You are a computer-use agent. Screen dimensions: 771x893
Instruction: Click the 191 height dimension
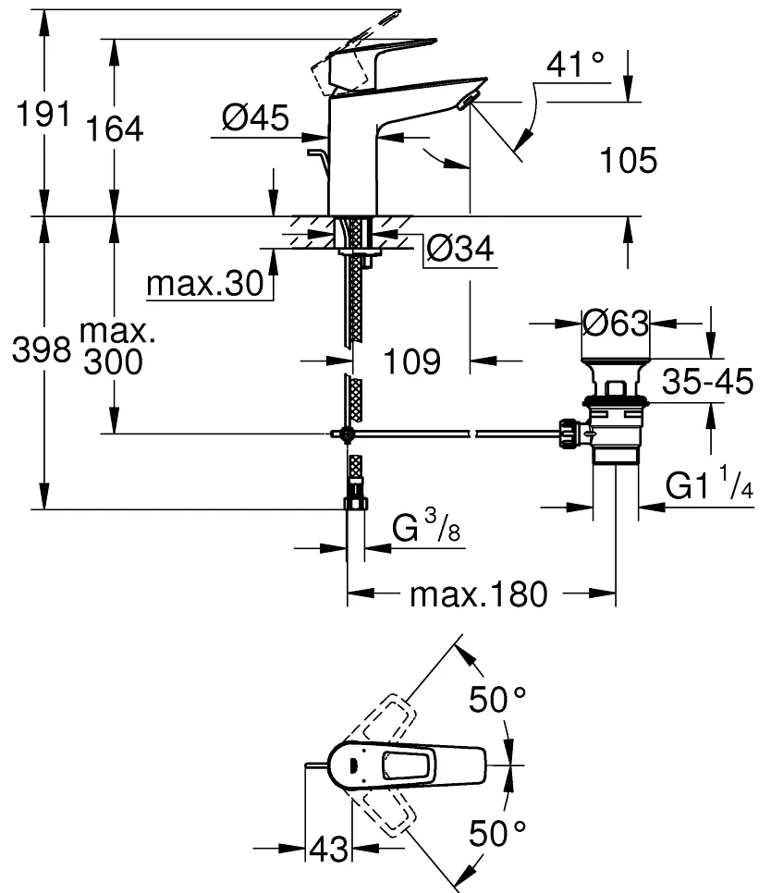pyautogui.click(x=43, y=114)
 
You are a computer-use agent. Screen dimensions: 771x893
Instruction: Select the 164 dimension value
pyautogui.click(x=115, y=128)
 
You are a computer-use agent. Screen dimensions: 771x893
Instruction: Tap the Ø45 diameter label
pyautogui.click(x=256, y=118)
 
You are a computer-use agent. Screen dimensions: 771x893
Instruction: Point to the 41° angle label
pyautogui.click(x=575, y=64)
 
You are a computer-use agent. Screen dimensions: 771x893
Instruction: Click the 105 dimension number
pyautogui.click(x=629, y=160)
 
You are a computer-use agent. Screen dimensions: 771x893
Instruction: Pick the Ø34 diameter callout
pyautogui.click(x=460, y=249)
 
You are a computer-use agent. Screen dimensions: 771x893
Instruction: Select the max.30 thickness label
pyautogui.click(x=205, y=283)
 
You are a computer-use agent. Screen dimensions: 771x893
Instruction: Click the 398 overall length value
pyautogui.click(x=42, y=349)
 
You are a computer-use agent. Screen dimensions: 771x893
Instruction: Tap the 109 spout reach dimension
pyautogui.click(x=412, y=361)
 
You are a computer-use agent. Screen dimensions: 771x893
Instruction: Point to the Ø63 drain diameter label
pyautogui.click(x=616, y=324)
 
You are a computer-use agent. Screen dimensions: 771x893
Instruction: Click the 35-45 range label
pyautogui.click(x=708, y=381)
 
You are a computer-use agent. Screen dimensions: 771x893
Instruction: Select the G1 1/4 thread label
pyautogui.click(x=709, y=483)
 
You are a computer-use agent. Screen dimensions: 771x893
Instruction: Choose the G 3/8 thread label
pyautogui.click(x=426, y=526)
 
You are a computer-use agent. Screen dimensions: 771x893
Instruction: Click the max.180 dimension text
pyautogui.click(x=479, y=594)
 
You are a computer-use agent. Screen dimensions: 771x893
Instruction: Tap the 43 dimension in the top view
pyautogui.click(x=328, y=850)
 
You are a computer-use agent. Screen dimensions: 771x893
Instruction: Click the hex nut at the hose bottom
pyautogui.click(x=356, y=504)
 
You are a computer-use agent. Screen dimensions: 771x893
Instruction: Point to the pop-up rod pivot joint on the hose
pyautogui.click(x=346, y=434)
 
